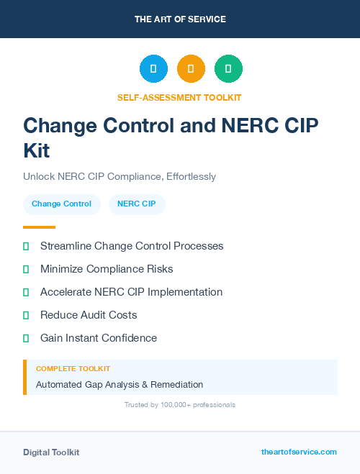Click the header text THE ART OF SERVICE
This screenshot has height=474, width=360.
click(180, 19)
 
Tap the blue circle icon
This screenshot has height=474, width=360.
click(153, 68)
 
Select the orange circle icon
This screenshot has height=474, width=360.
click(191, 68)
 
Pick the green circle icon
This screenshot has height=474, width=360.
click(228, 68)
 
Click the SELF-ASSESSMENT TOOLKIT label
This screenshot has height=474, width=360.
click(179, 97)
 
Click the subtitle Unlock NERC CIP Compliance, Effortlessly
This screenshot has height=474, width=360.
click(120, 176)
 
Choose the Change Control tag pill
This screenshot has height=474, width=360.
click(61, 204)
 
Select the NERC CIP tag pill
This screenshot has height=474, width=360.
click(137, 204)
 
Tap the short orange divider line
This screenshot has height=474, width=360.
click(39, 227)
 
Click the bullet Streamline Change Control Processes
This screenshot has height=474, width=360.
click(132, 246)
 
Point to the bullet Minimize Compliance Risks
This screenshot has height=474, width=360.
click(107, 269)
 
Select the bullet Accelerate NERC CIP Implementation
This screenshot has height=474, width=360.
click(131, 292)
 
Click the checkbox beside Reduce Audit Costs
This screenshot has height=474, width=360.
click(26, 315)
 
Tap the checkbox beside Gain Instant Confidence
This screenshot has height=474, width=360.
click(26, 338)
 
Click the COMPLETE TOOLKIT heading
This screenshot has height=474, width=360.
click(73, 368)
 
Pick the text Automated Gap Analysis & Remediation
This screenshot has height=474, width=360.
click(120, 384)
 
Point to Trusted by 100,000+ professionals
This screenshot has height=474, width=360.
click(180, 405)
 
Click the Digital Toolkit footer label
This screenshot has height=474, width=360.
click(51, 452)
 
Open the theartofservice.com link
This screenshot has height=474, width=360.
click(299, 452)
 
